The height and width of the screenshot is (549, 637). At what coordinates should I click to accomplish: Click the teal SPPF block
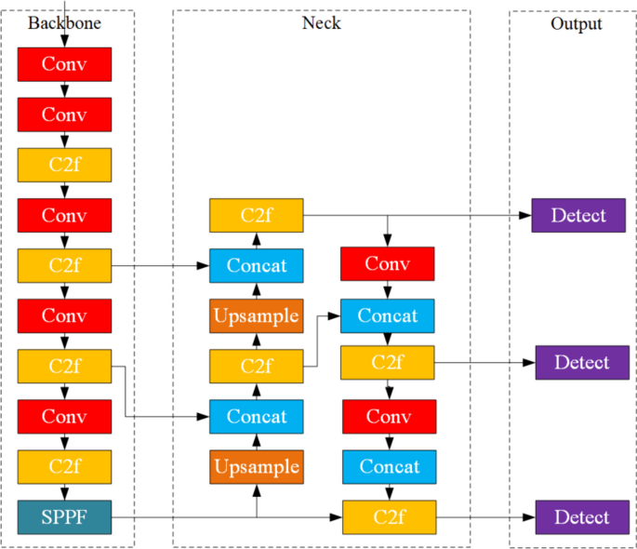[64, 517]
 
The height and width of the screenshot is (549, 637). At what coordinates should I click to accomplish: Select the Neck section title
[321, 23]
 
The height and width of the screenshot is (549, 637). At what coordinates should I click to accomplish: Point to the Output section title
[576, 23]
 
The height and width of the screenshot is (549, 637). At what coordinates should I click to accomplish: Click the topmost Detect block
[577, 216]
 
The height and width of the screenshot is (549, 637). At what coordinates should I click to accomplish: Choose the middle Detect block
[582, 362]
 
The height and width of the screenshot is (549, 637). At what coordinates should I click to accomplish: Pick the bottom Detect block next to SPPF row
[582, 517]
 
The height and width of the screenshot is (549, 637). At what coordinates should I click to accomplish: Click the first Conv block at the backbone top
[64, 64]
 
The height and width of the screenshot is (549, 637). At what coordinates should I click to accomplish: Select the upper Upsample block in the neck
[256, 315]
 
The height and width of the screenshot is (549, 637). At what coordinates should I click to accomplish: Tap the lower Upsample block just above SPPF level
[256, 466]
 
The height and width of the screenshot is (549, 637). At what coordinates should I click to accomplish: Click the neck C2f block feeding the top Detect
[256, 216]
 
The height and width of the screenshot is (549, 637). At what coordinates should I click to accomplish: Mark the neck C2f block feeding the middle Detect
[388, 362]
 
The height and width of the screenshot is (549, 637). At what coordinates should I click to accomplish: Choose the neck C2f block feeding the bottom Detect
[388, 517]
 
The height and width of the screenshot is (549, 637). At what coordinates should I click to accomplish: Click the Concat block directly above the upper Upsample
[256, 265]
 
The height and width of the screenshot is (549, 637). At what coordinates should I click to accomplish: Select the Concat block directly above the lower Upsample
[256, 416]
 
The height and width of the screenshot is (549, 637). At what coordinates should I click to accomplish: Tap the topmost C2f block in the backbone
[64, 165]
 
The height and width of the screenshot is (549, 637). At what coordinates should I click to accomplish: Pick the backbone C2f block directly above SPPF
[64, 466]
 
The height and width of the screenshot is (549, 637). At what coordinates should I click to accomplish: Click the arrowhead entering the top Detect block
[525, 216]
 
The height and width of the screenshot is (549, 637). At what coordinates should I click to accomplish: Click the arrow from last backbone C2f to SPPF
[64, 491]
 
